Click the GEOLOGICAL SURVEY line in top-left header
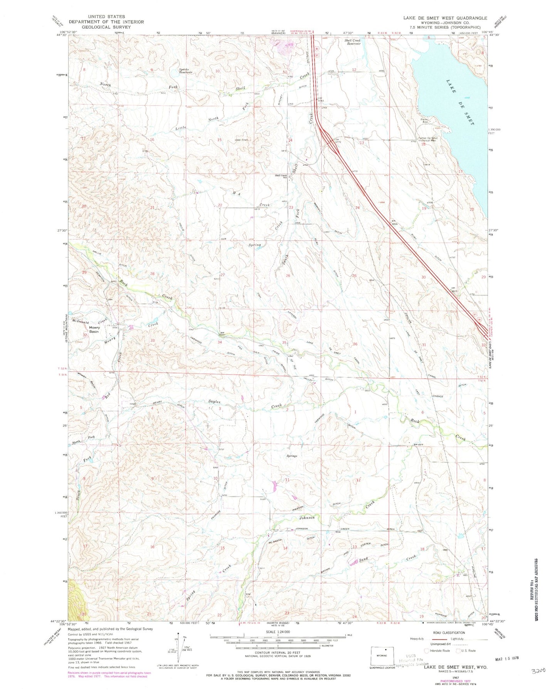[x=106, y=27]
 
